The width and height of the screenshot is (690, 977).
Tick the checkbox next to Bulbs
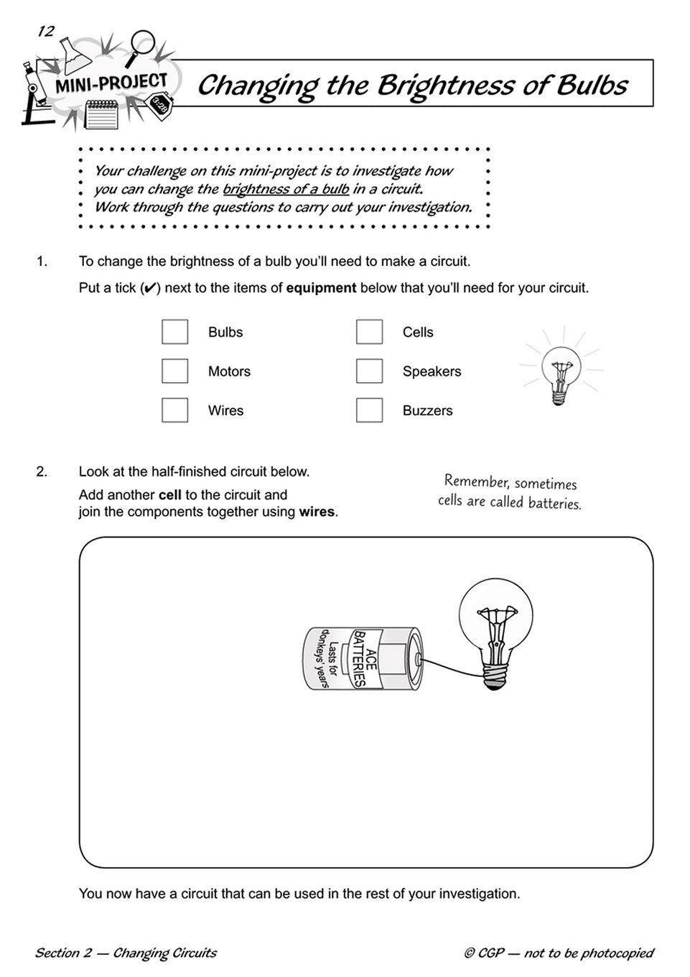click(174, 332)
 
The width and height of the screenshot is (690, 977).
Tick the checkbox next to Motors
click(174, 371)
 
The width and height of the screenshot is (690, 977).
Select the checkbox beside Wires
click(174, 410)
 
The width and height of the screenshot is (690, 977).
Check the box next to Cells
click(369, 332)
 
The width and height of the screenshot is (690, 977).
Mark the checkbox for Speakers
click(369, 371)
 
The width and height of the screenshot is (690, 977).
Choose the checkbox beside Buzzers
click(369, 410)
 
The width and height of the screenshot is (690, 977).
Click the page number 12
click(45, 31)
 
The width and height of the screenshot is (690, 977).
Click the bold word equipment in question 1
click(321, 288)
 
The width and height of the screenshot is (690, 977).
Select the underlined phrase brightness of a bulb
click(286, 190)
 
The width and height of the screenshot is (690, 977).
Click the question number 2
click(42, 472)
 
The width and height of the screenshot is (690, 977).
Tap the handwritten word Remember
click(475, 481)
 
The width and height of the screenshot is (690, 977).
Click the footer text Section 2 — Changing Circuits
click(126, 953)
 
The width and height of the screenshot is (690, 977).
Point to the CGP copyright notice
click(559, 953)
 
